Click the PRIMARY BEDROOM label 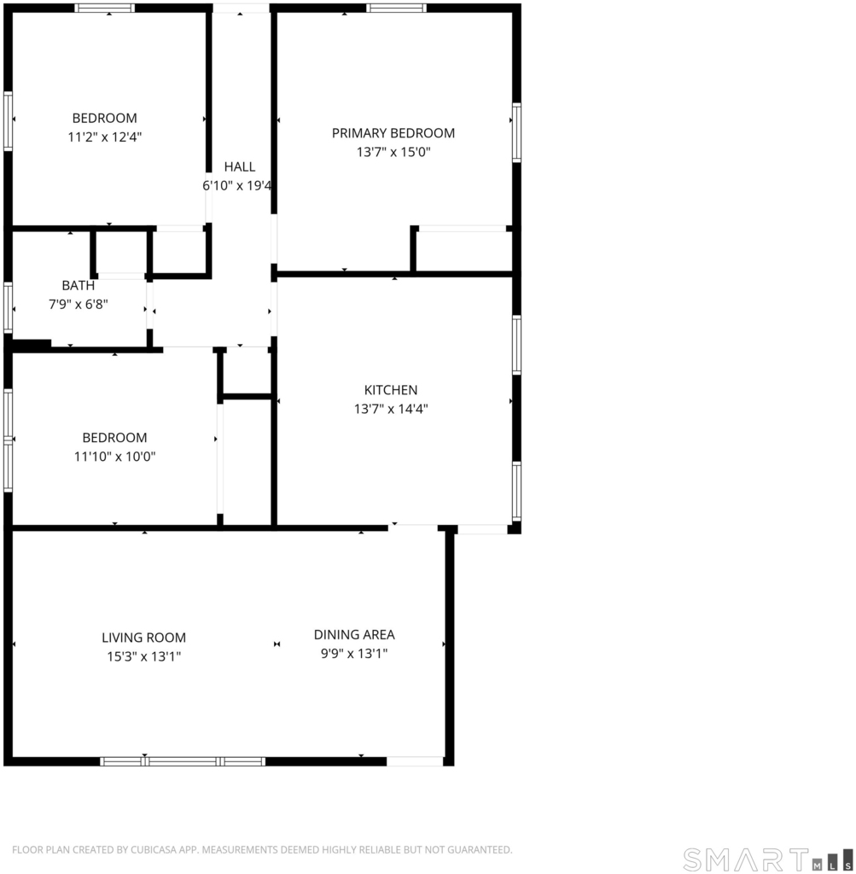coord(393,133)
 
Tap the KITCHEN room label coord(391,390)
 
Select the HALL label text coord(240,166)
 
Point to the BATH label coord(78,285)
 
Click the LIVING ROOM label coord(143,638)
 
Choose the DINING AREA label coord(354,634)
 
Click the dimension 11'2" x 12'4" coord(105,137)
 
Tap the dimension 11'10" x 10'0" coord(115,457)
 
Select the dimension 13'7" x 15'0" coord(393,152)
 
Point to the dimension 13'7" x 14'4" coord(391,409)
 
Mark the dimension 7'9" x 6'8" coord(78,305)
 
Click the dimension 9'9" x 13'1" coord(354,653)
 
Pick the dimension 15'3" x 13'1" coord(143,656)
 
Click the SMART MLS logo coord(768,859)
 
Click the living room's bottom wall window coord(183,761)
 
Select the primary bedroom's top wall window coord(396,8)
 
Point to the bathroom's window coord(8,308)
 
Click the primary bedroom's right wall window coord(516,132)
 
